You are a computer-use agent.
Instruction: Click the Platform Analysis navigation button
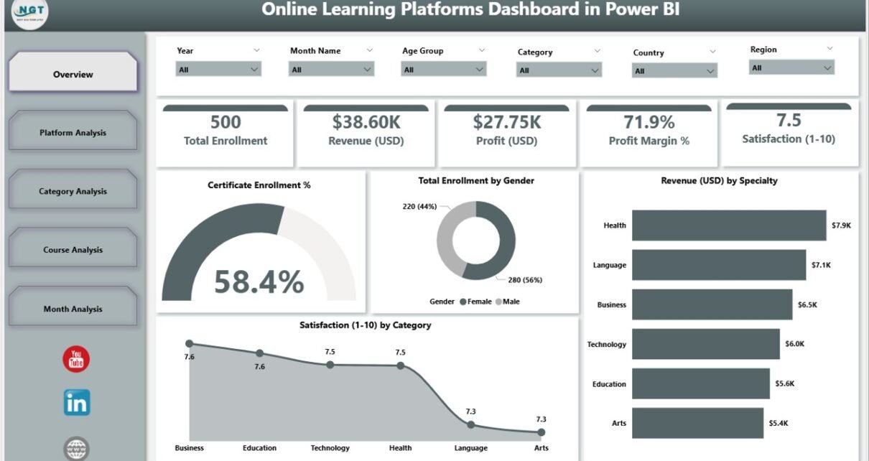[73, 132]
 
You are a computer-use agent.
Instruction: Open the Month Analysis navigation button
[73, 309]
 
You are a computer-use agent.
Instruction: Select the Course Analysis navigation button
[73, 250]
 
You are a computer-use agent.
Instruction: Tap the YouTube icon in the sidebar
[76, 359]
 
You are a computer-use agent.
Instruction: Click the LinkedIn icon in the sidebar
[76, 403]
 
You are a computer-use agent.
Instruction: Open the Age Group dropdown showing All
[444, 70]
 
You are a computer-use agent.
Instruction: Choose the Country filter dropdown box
[674, 71]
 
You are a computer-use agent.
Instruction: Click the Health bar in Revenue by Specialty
[728, 225]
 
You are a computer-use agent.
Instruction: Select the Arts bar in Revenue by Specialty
[697, 423]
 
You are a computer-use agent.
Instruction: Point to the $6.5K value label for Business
[807, 304]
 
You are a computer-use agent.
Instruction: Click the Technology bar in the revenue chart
[705, 344]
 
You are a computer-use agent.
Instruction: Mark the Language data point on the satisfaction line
[471, 424]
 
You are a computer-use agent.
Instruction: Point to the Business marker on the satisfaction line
[189, 344]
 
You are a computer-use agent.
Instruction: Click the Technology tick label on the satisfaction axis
[330, 448]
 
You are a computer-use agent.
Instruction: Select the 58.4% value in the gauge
[259, 282]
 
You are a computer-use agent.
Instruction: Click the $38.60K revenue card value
[366, 122]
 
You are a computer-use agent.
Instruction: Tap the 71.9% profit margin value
[649, 122]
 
